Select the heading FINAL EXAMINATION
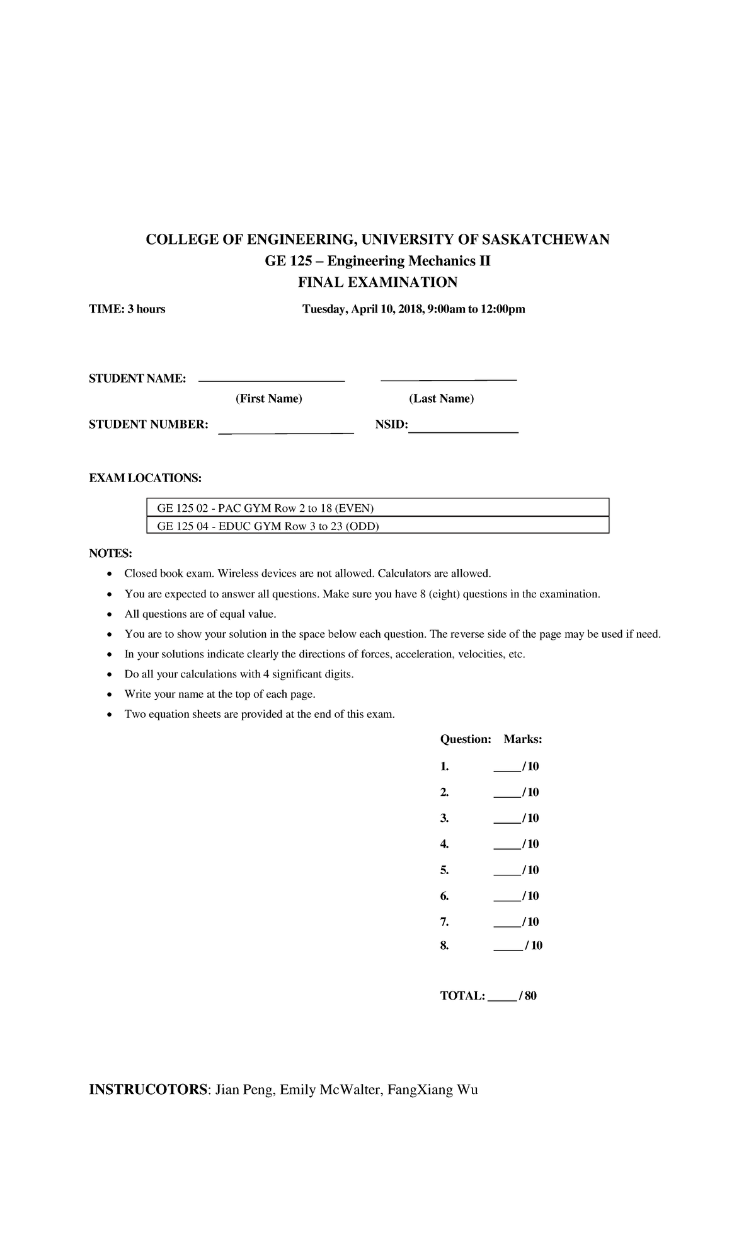(377, 282)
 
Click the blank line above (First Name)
(272, 380)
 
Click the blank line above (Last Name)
(449, 379)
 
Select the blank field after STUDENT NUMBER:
(285, 432)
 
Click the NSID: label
(391, 425)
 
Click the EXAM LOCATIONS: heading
(145, 478)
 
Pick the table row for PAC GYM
(377, 508)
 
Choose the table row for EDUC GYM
(377, 526)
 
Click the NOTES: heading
(110, 553)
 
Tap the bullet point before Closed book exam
(110, 574)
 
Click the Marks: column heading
(522, 739)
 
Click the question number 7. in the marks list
(444, 921)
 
